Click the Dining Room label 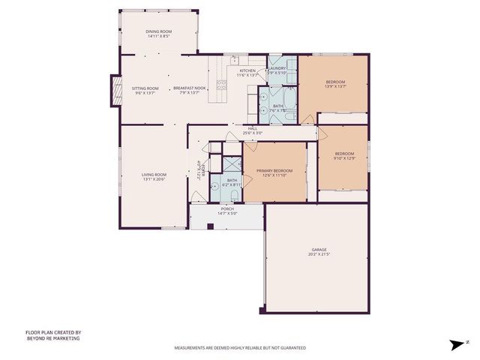coord(158,31)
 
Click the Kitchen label coord(247,70)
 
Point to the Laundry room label coord(276,68)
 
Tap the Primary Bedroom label coord(274,170)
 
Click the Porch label coord(226,209)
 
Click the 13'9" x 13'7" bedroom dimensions coord(335,86)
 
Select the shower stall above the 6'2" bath coord(231,165)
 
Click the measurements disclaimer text coord(240,348)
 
